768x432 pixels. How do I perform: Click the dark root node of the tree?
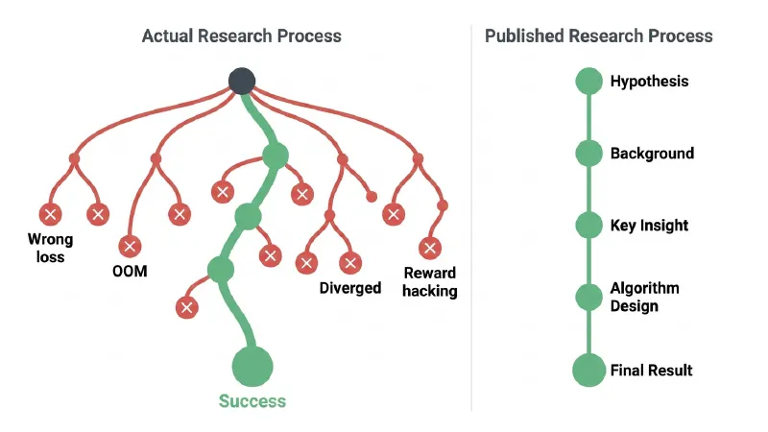coord(242,82)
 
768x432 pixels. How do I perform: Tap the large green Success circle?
coord(252,367)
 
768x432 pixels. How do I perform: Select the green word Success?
coord(252,401)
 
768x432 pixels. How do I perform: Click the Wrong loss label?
coord(51,248)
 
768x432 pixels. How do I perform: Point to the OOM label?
coord(130,271)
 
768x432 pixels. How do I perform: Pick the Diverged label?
coord(350,287)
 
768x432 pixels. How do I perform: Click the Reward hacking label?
coord(429,281)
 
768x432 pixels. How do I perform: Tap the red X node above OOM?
coord(130,246)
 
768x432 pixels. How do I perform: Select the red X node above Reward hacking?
coord(430,248)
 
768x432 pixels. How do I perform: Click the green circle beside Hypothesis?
coord(588,81)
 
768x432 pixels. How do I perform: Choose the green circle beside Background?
coord(588,154)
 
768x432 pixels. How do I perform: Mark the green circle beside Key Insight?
coord(588,226)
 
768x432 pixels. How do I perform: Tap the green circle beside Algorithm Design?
coord(588,298)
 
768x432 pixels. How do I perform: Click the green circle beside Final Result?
coord(588,371)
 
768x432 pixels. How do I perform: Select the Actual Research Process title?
coord(242,36)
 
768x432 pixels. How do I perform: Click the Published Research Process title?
coord(598,36)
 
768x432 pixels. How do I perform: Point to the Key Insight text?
coord(649,226)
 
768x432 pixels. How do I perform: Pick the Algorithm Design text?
coord(644,297)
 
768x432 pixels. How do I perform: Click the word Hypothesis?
coord(650,82)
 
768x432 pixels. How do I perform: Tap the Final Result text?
coord(652,371)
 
